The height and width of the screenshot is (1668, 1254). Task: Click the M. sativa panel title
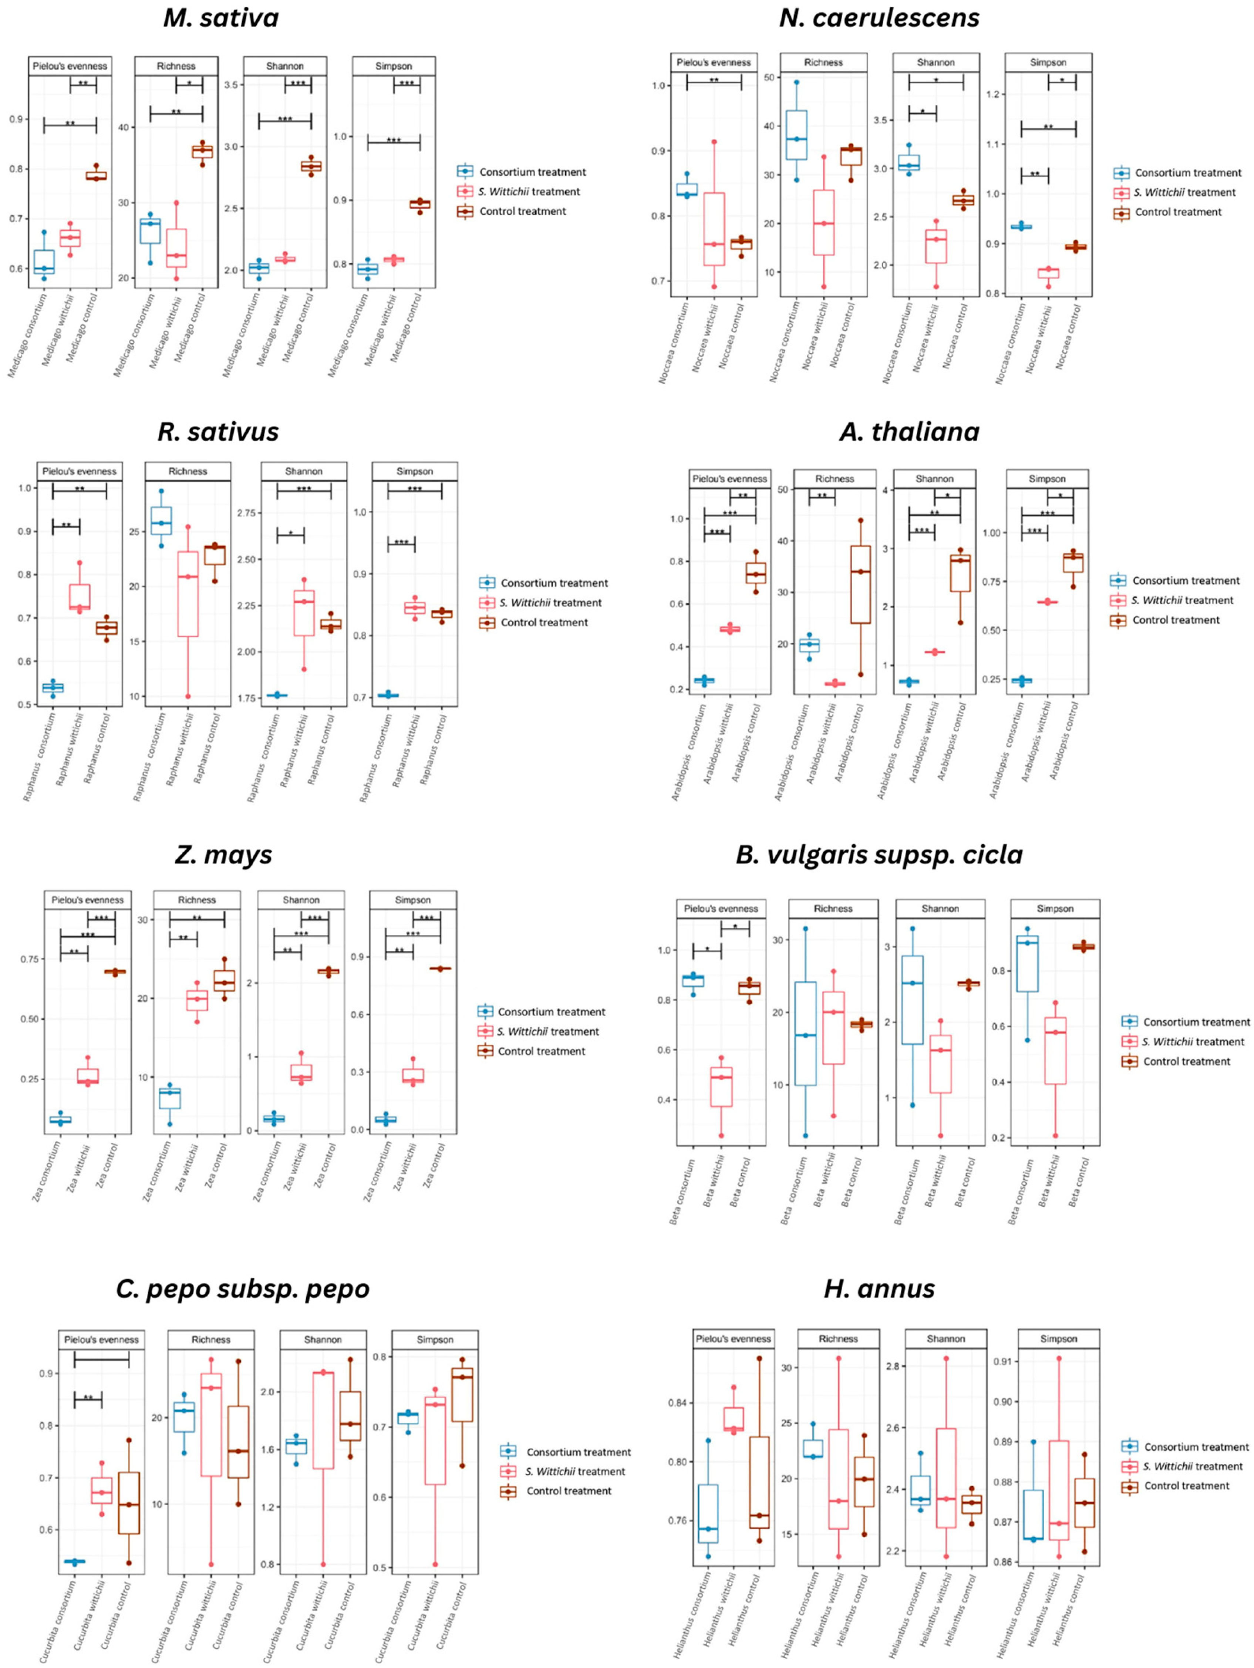coord(221,18)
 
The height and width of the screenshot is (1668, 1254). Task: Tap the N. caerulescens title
coord(879,18)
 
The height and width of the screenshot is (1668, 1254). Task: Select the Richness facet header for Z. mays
coord(197,900)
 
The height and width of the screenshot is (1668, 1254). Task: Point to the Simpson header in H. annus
coord(1058,1338)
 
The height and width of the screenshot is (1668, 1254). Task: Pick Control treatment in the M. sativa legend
coord(523,211)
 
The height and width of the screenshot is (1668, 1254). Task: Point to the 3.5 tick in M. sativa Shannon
coord(232,84)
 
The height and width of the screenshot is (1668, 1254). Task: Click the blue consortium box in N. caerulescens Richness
coord(796,135)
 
